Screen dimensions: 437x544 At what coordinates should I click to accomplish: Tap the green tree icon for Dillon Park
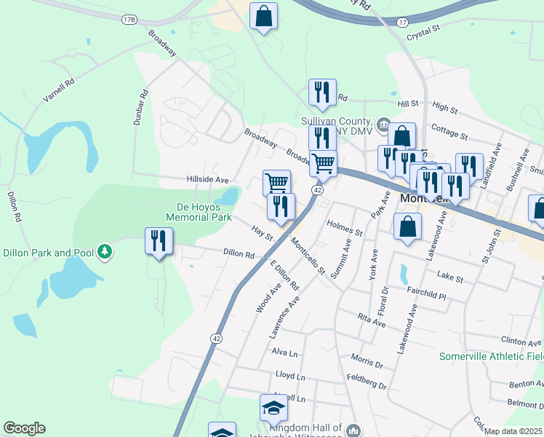(x=105, y=252)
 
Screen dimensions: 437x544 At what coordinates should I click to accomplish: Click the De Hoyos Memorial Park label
(x=199, y=211)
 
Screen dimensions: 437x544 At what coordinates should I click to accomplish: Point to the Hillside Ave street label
(x=208, y=179)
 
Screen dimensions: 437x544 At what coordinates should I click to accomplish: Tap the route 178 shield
(x=129, y=19)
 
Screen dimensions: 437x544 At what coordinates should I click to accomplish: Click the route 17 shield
(x=402, y=23)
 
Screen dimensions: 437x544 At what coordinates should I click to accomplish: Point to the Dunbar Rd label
(x=141, y=107)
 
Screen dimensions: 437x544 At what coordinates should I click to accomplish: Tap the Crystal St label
(x=424, y=32)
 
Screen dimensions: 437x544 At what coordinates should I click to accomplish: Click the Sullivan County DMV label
(x=337, y=125)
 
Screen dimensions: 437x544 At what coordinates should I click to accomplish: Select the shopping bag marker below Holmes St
(x=407, y=226)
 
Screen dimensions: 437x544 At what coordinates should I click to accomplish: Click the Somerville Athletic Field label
(x=492, y=356)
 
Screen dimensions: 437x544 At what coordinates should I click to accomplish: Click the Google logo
(x=25, y=428)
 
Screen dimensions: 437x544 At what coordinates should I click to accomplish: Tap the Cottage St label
(x=448, y=131)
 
